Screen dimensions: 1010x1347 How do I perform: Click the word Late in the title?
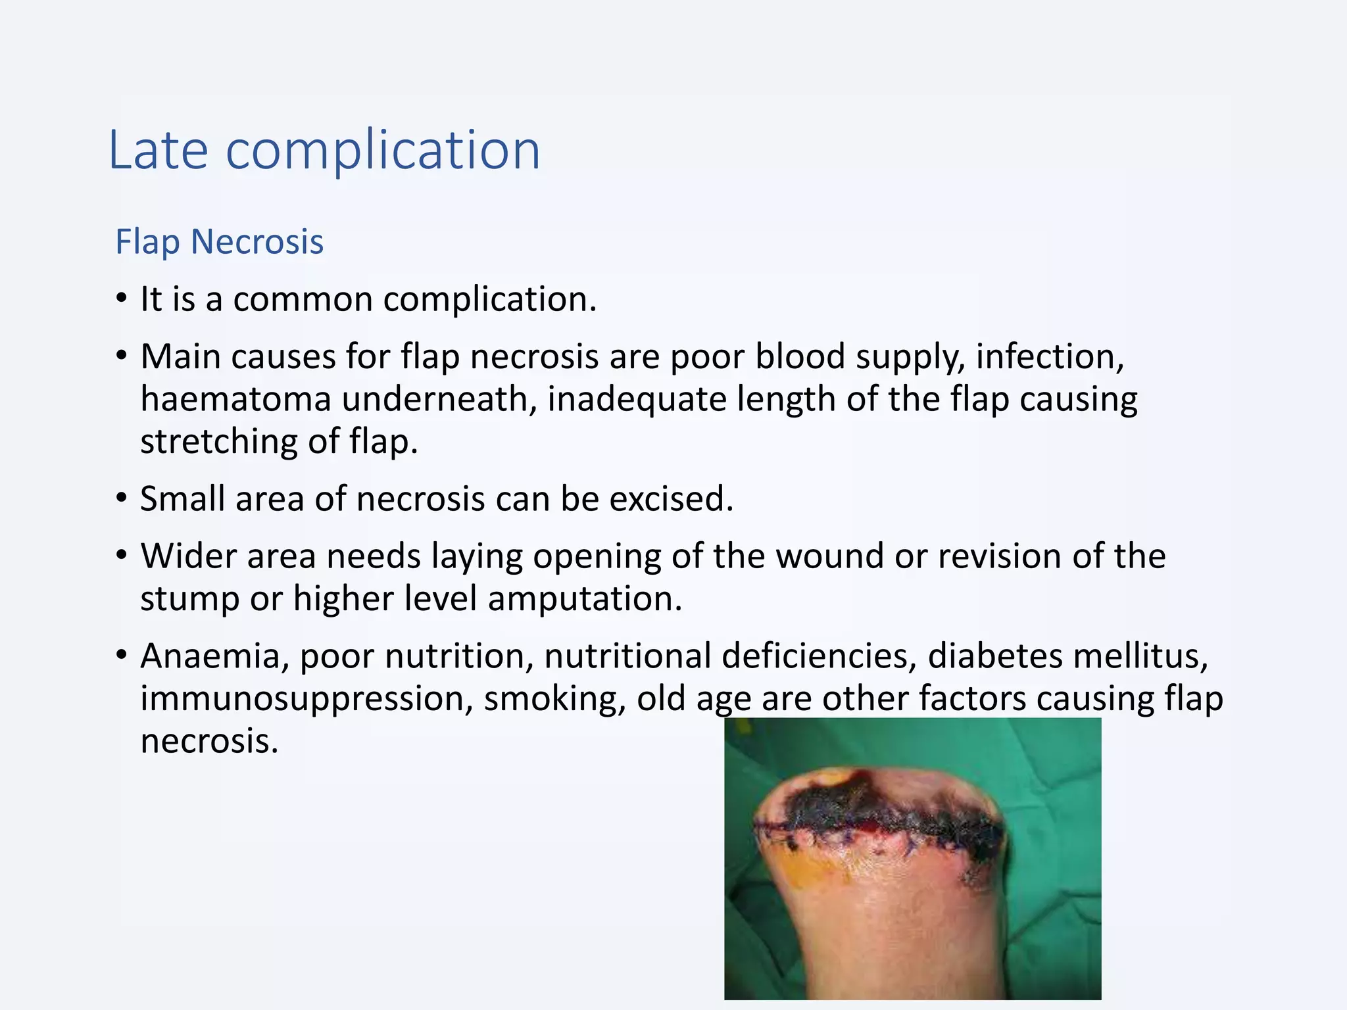[x=158, y=151]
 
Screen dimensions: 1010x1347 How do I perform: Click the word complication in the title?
[x=383, y=151]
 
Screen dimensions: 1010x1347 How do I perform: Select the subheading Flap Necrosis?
[x=219, y=241]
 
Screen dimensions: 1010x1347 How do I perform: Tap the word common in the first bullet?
[x=303, y=299]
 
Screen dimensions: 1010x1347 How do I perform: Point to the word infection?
[x=1050, y=356]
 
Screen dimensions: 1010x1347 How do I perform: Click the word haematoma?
[x=235, y=399]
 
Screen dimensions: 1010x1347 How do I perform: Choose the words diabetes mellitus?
[x=1067, y=656]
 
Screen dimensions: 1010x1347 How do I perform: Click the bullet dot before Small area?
[x=121, y=498]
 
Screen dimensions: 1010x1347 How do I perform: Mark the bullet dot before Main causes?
[x=121, y=356]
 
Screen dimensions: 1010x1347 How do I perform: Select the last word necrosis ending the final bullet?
[x=209, y=742]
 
